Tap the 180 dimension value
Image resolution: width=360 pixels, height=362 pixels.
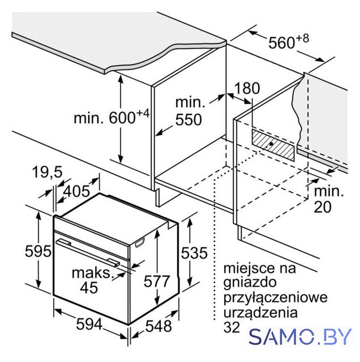pos(247,88)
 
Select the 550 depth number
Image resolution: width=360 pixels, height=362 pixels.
pos(188,119)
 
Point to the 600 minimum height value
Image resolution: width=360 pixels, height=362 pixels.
pos(122,118)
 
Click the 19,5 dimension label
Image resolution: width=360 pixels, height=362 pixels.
pos(48,172)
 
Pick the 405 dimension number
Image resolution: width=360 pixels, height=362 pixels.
pos(76,191)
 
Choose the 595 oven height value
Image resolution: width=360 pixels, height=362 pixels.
pos(38,251)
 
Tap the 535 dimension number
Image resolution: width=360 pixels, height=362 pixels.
pos(194,253)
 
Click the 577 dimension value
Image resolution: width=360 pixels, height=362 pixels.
pos(157,281)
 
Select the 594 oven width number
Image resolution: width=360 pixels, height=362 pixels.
pos(89,324)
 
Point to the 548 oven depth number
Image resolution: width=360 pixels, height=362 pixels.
pos(158,326)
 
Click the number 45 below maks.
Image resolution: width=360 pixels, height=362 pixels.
pos(89,288)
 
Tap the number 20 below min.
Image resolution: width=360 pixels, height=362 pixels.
pos(323,207)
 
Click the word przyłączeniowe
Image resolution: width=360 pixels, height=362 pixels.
pos(276,298)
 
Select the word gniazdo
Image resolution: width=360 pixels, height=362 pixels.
pos(250,283)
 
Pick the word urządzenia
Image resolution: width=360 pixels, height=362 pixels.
pos(260,313)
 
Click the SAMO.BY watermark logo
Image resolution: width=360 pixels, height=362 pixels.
pos(300,337)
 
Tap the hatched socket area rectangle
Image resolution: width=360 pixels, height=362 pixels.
pos(273,145)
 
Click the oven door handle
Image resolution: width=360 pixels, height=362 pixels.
pos(88,253)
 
